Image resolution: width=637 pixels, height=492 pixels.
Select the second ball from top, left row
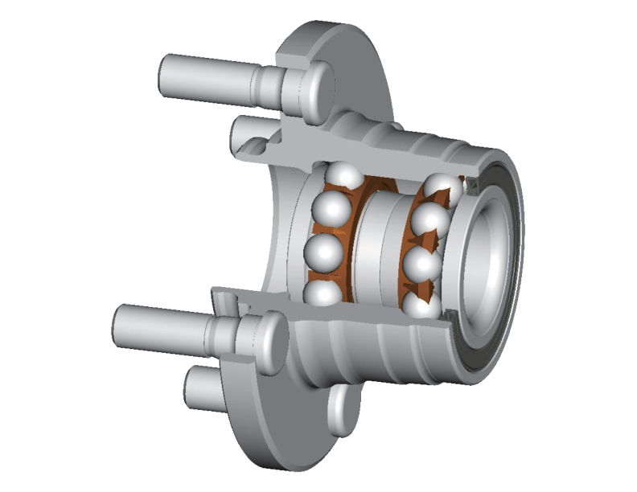point(331,211)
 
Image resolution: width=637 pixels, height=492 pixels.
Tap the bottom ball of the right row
point(424,304)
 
